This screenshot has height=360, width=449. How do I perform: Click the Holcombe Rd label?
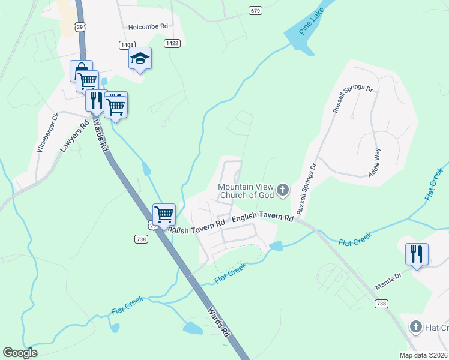click(x=147, y=27)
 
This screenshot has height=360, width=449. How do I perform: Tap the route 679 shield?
click(x=256, y=11)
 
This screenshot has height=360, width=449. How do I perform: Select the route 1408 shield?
click(x=126, y=44)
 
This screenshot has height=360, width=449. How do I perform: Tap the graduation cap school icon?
click(x=140, y=58)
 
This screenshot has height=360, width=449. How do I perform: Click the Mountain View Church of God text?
click(x=246, y=190)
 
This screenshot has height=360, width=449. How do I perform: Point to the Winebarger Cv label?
click(x=49, y=131)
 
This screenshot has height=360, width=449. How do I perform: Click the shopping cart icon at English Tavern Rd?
click(x=163, y=214)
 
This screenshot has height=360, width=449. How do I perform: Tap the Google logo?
click(x=20, y=353)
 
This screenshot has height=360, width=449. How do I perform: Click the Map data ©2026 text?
click(x=424, y=355)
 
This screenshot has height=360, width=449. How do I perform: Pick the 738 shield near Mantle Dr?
click(x=381, y=304)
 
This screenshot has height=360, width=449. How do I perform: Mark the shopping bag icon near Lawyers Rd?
click(x=80, y=70)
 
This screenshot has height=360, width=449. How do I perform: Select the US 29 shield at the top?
click(x=79, y=26)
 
